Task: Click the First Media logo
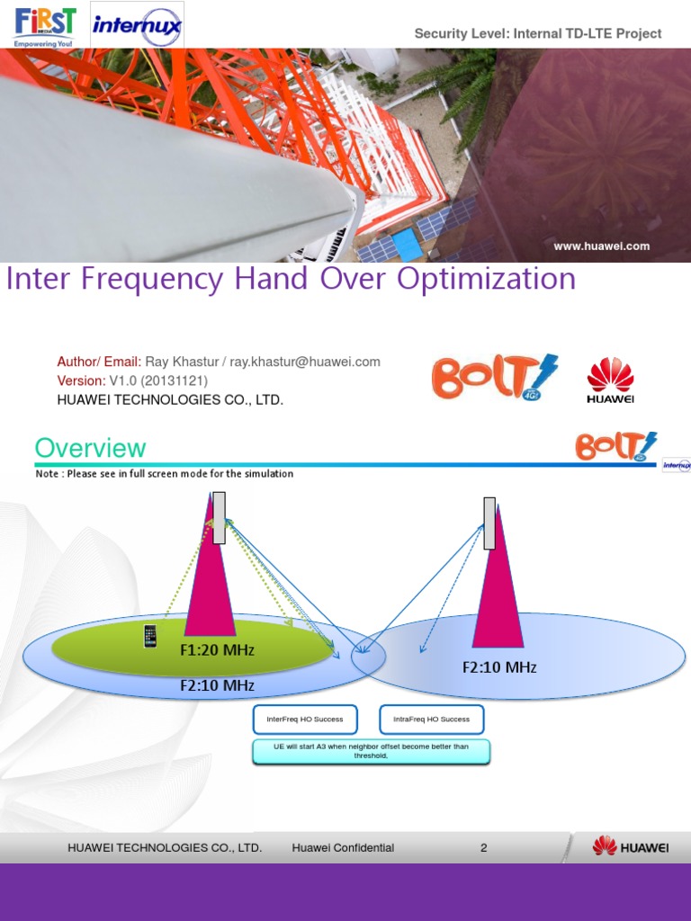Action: coord(45,24)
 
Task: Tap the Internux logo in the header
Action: coord(137,25)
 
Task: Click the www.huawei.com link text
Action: coord(602,246)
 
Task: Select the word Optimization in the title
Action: coord(486,279)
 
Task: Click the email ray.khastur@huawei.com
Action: coord(305,362)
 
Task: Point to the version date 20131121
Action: coord(174,380)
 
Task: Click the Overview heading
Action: coord(90,448)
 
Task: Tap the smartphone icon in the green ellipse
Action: coord(149,636)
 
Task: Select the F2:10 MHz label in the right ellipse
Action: coord(499,666)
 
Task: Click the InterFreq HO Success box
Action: coord(305,720)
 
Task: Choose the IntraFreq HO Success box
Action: coord(432,720)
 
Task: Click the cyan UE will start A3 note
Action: coord(372,752)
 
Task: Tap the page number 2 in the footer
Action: coord(484,847)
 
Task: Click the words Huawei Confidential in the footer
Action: coord(343,847)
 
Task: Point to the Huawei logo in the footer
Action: coord(631,846)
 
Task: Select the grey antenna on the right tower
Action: coord(489,523)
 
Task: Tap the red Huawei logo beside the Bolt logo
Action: coord(611,380)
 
